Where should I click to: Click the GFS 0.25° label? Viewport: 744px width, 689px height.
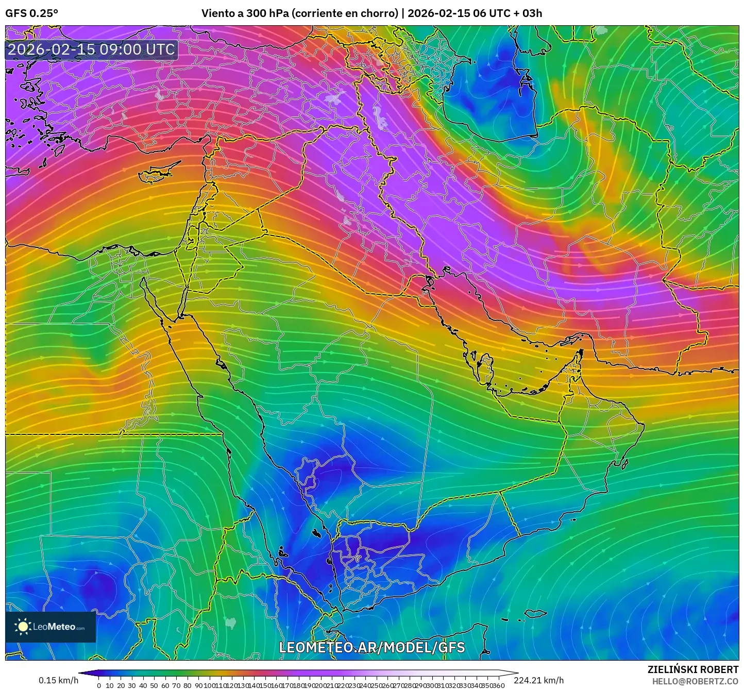click(x=31, y=13)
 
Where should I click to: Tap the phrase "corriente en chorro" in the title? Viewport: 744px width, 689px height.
click(x=345, y=13)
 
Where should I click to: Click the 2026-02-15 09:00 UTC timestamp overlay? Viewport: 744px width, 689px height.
click(x=91, y=49)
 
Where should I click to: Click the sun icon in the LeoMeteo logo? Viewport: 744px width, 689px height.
click(x=23, y=627)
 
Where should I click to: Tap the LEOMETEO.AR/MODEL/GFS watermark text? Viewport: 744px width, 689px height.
click(x=371, y=648)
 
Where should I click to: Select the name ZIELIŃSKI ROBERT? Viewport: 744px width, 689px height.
click(x=692, y=669)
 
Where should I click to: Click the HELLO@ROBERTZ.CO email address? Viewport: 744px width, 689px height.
click(x=695, y=681)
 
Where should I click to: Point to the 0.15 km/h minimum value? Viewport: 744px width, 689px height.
click(x=58, y=680)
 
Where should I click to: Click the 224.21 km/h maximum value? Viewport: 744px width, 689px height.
click(x=538, y=680)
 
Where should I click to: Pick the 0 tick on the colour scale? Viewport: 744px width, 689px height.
click(x=98, y=685)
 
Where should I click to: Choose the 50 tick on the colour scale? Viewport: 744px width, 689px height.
click(x=154, y=685)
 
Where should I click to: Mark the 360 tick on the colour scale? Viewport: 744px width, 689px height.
click(x=498, y=685)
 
